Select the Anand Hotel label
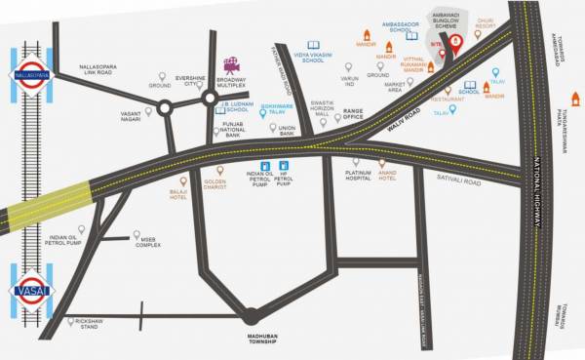tap(387, 176)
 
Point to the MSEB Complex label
tap(149, 242)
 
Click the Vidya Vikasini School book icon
tap(313, 45)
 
